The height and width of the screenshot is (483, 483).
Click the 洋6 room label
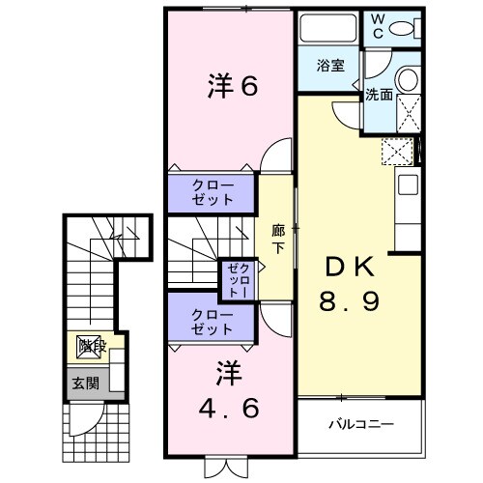[x=232, y=87]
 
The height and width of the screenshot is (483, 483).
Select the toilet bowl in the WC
[x=410, y=26]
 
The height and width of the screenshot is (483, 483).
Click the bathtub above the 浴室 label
[x=327, y=29]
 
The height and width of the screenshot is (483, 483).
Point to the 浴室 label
[x=331, y=66]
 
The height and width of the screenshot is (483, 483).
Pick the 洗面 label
[x=379, y=96]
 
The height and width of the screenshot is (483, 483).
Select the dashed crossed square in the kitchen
[x=396, y=152]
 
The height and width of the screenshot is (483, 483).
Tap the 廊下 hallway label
[x=277, y=239]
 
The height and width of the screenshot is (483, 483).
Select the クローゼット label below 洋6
[x=213, y=192]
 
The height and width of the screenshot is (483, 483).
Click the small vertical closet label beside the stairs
[x=238, y=277]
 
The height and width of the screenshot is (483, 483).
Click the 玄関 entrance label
[x=81, y=383]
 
